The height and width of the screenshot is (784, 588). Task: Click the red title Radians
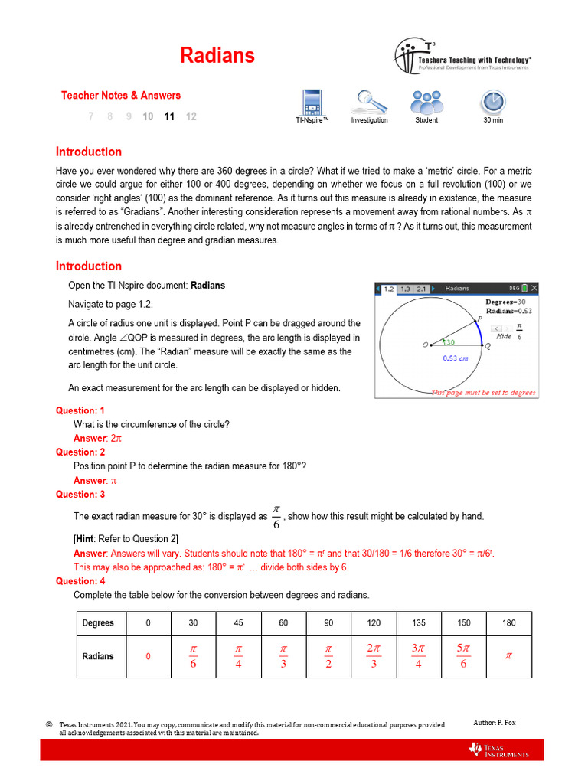(217, 55)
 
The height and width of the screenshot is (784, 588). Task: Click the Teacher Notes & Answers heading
(121, 96)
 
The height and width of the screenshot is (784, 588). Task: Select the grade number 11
(169, 116)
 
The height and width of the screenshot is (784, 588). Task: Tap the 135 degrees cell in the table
(418, 623)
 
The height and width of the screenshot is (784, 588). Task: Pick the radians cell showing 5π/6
(463, 656)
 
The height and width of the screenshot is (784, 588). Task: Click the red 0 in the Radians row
(148, 656)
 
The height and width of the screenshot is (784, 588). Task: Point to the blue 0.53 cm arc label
(457, 358)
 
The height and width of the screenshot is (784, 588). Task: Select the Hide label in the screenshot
(504, 336)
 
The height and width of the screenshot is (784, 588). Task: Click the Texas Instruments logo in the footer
(498, 750)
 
